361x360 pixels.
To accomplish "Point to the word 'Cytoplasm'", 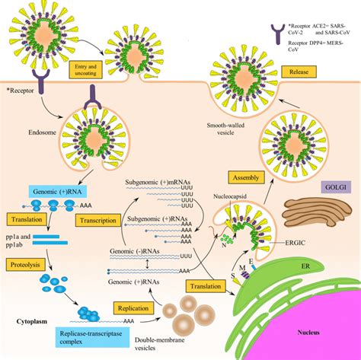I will (33, 322).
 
